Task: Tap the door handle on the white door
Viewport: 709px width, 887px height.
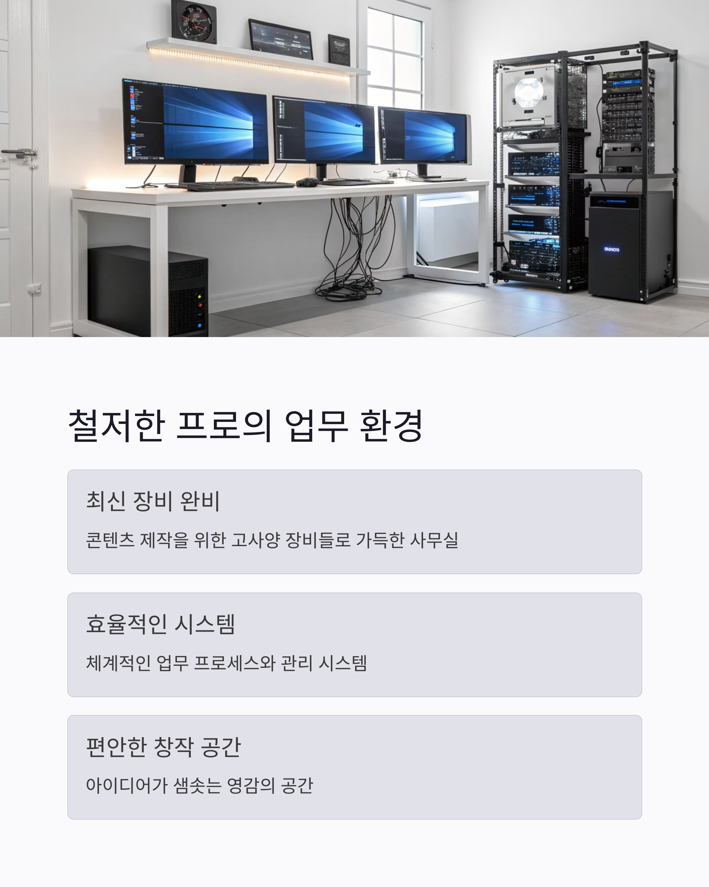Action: (21, 153)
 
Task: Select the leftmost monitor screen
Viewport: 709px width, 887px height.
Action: (196, 122)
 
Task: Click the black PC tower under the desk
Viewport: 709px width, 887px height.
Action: (148, 291)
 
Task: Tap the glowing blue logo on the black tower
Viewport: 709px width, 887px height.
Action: (611, 249)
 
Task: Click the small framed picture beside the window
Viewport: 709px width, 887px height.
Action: (339, 50)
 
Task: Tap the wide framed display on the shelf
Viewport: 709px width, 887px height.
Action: (281, 39)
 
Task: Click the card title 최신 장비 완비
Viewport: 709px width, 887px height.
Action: (153, 501)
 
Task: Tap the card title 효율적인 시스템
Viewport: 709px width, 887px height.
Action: (160, 624)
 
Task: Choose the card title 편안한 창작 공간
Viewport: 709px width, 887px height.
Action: (163, 747)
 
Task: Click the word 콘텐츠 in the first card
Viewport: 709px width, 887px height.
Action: (110, 540)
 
